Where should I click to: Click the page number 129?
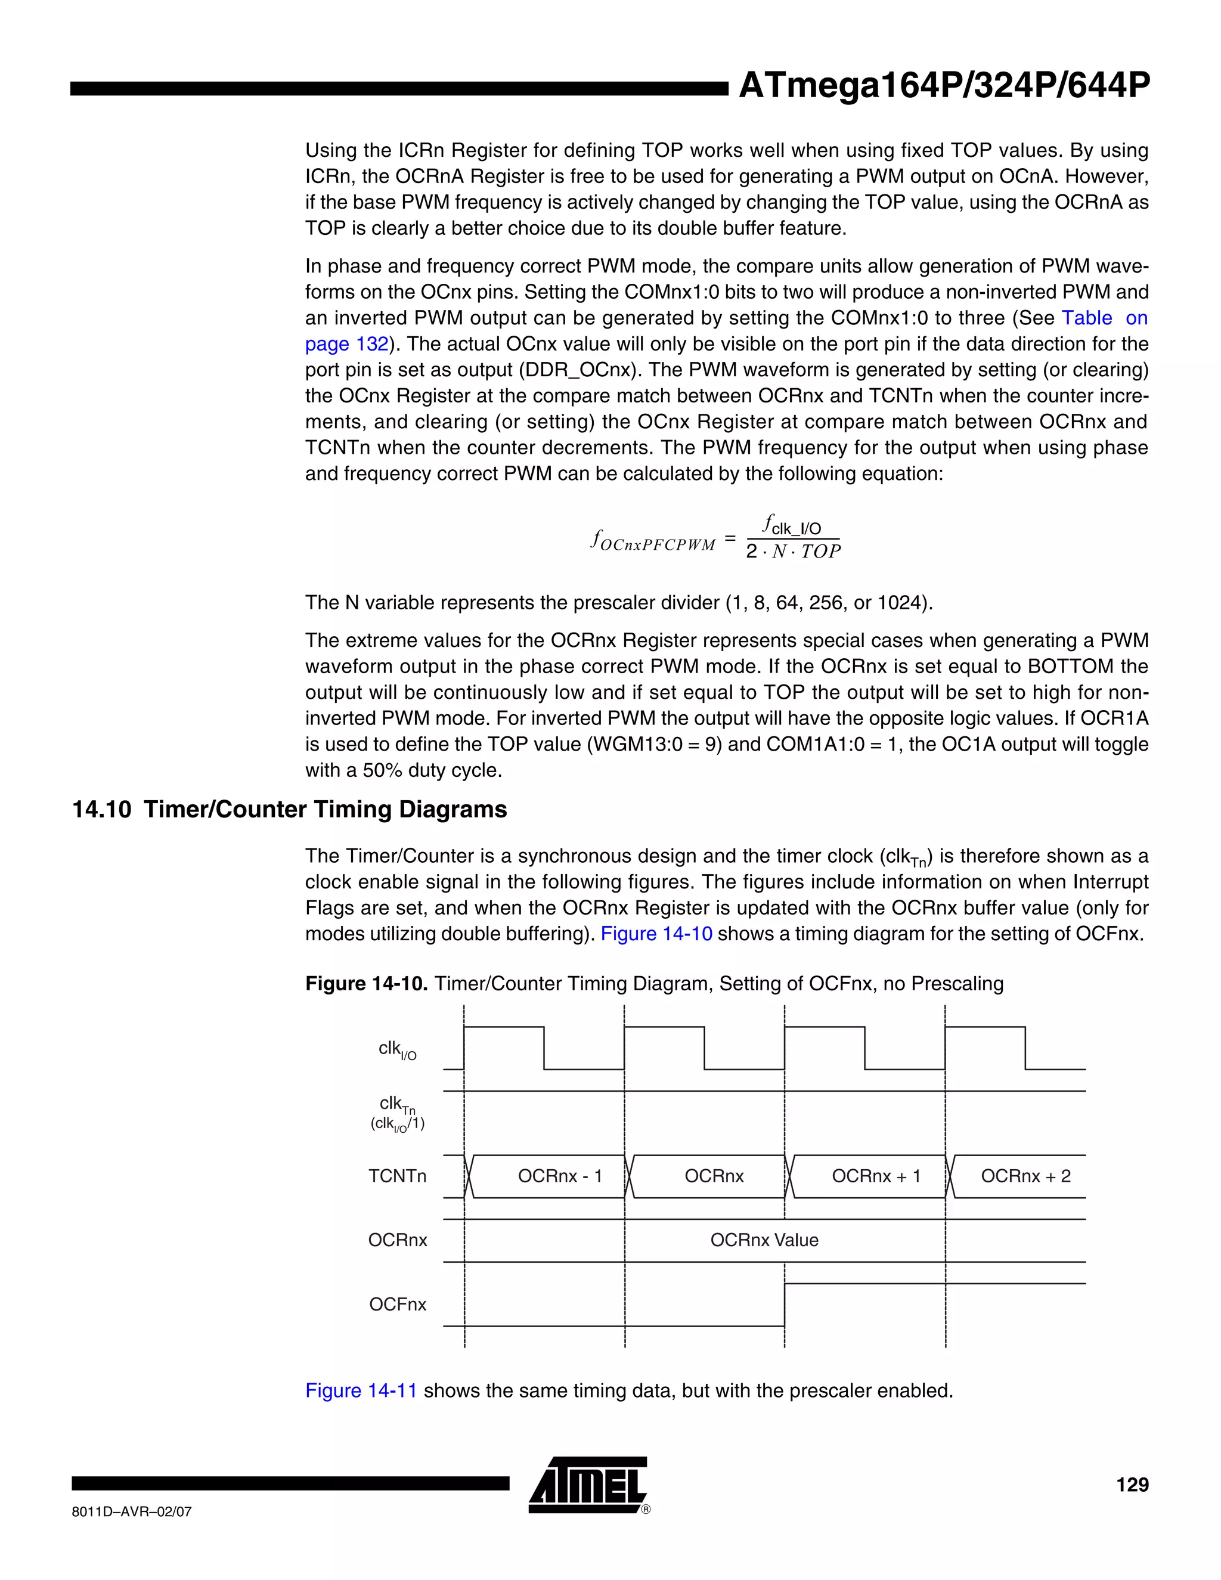pos(1132,1485)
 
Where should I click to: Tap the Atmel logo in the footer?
pos(587,1485)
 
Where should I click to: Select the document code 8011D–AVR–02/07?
pos(132,1512)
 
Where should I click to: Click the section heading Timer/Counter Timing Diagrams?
pos(325,809)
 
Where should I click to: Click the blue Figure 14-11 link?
pos(361,1390)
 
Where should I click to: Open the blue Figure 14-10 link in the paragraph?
pos(656,934)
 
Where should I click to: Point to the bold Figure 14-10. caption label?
pos(367,984)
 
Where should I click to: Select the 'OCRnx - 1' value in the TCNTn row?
pos(560,1176)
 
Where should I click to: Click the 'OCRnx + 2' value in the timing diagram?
pos(1025,1176)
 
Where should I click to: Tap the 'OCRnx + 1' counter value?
pos(876,1176)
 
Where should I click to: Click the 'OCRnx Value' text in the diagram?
pos(764,1240)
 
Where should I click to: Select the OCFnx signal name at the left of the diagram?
pos(398,1305)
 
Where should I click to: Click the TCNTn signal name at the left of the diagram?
pos(397,1176)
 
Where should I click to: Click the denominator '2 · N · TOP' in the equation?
pos(793,552)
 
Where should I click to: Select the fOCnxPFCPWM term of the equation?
pos(653,541)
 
